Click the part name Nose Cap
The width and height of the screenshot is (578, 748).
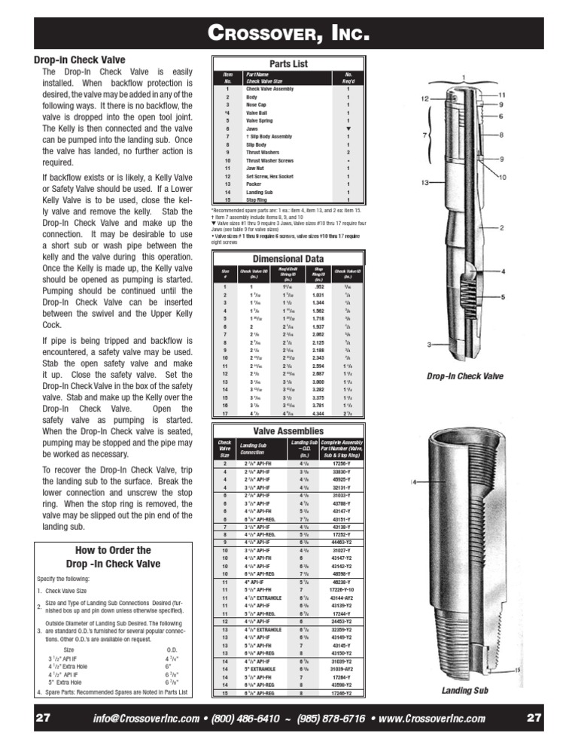[x=258, y=105]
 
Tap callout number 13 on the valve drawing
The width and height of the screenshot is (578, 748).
[x=426, y=183]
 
